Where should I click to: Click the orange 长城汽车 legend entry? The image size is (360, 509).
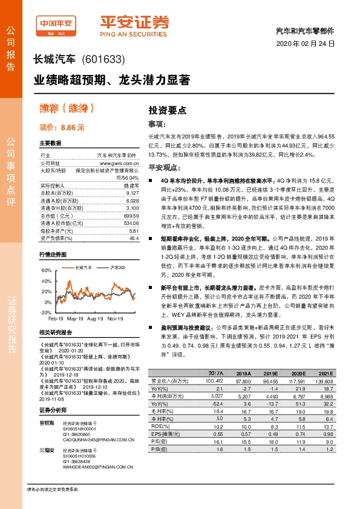click(x=82, y=267)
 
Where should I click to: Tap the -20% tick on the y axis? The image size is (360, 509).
click(x=45, y=313)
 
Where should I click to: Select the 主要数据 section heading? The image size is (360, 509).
click(x=50, y=143)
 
